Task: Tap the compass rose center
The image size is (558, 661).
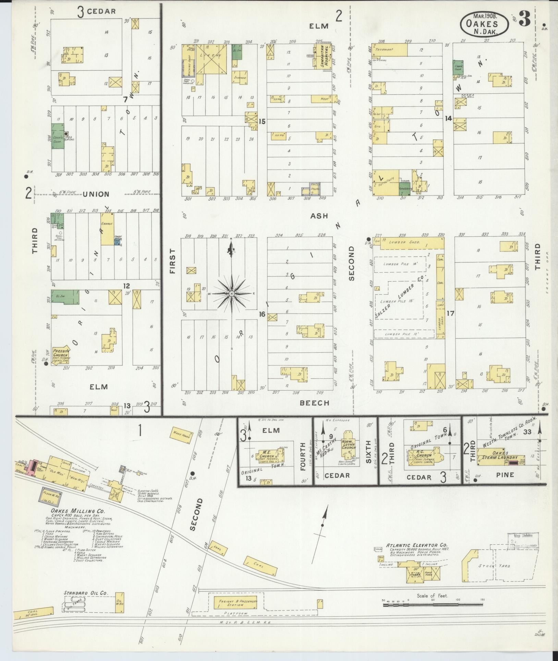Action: (x=232, y=294)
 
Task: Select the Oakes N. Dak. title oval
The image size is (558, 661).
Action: (x=484, y=24)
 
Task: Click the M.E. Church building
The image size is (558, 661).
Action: (x=269, y=457)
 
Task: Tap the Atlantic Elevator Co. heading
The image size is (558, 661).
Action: (x=416, y=545)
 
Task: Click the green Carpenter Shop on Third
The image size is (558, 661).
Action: (x=57, y=136)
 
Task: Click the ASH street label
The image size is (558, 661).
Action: (x=319, y=216)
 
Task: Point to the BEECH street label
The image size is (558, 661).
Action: (x=314, y=403)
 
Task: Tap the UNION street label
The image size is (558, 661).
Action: (x=96, y=194)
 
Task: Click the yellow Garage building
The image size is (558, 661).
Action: (x=107, y=228)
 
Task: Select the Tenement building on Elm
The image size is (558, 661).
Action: (x=390, y=50)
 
